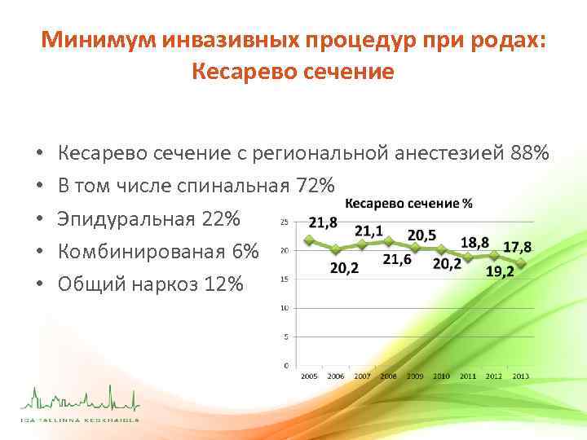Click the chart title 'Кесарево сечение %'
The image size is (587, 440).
(409, 204)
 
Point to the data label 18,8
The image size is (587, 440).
(475, 242)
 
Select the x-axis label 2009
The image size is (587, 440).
(414, 376)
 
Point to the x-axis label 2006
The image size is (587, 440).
(335, 376)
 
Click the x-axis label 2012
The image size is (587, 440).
(494, 376)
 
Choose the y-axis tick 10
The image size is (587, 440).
(284, 308)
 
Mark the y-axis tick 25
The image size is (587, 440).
(284, 222)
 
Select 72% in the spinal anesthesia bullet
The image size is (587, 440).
(315, 186)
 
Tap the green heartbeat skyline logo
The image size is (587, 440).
(80, 401)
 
